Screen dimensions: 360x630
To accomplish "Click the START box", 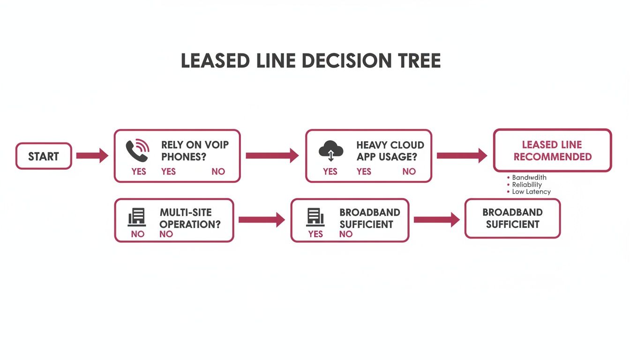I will point(44,156).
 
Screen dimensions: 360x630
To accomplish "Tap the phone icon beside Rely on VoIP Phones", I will point(137,150).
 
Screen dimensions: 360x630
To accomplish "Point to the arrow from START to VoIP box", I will point(92,156).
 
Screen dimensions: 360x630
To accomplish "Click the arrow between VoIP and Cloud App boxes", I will point(272,156).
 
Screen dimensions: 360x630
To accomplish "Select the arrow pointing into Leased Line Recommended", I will point(462,156).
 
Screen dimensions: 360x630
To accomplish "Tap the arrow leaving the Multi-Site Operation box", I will point(261,219).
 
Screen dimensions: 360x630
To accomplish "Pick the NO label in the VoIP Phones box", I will point(218,172).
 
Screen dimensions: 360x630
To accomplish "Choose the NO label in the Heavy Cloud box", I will point(409,172).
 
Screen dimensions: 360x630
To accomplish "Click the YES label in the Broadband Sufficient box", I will point(315,234).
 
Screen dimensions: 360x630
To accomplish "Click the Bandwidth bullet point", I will point(529,178).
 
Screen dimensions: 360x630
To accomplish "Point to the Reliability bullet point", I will point(526,185).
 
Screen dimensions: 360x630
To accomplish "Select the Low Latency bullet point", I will point(531,192).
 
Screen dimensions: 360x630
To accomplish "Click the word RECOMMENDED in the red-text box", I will point(552,157).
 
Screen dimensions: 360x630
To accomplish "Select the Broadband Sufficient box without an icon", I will point(512,218).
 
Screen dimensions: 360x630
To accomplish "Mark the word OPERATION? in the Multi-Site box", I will point(190,224).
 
